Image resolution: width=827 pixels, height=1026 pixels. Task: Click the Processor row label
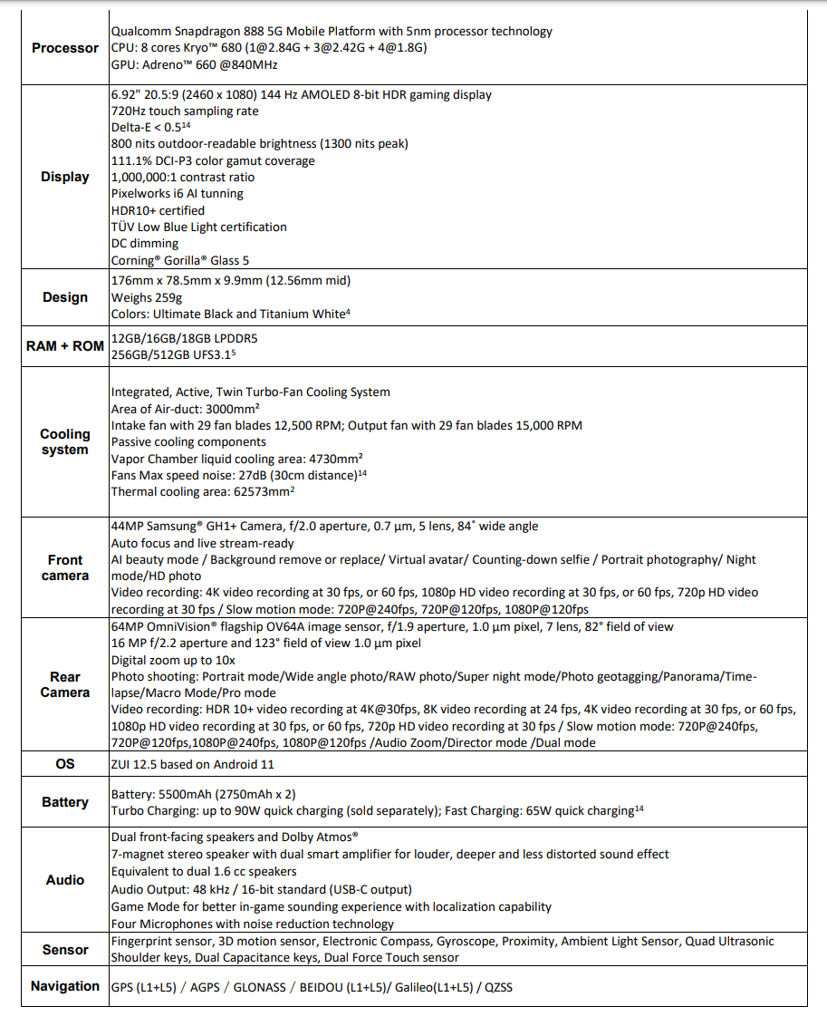pyautogui.click(x=65, y=48)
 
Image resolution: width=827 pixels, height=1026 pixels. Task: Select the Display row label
pyautogui.click(x=65, y=177)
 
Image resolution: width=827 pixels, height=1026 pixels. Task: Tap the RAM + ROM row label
pyautogui.click(x=65, y=346)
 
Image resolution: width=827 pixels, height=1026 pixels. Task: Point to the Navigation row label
pyautogui.click(x=65, y=986)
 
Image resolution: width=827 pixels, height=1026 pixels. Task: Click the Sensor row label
pyautogui.click(x=65, y=950)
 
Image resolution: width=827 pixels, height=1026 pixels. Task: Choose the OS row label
pyautogui.click(x=65, y=764)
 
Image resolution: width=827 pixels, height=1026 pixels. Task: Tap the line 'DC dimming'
pyautogui.click(x=145, y=243)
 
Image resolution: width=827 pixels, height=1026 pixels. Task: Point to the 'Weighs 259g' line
pyautogui.click(x=147, y=297)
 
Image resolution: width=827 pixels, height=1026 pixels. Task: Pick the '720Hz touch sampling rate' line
pyautogui.click(x=185, y=111)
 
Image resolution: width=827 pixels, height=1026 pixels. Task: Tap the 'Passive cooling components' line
pyautogui.click(x=188, y=441)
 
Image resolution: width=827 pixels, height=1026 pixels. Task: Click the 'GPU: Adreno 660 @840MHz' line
pyautogui.click(x=195, y=64)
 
